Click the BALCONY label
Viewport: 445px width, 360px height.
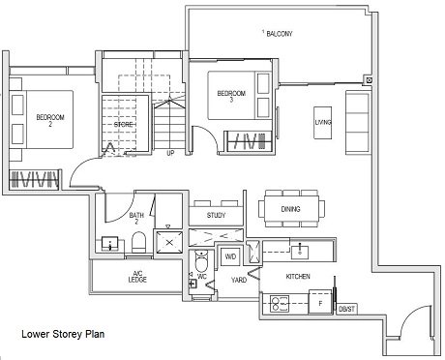[x=278, y=34]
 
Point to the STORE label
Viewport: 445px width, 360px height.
[x=123, y=123]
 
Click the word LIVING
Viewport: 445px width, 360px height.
[x=322, y=122]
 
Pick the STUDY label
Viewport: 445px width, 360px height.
[x=215, y=216]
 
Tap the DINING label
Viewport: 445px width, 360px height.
[x=290, y=209]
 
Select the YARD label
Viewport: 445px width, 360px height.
[x=238, y=280]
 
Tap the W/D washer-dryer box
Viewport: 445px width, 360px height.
[x=230, y=256]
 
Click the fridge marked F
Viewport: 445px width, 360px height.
[x=320, y=302]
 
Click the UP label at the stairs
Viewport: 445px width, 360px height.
[x=171, y=153]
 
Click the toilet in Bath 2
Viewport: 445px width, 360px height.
[x=138, y=241]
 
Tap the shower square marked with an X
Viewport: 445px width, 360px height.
[x=170, y=241]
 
